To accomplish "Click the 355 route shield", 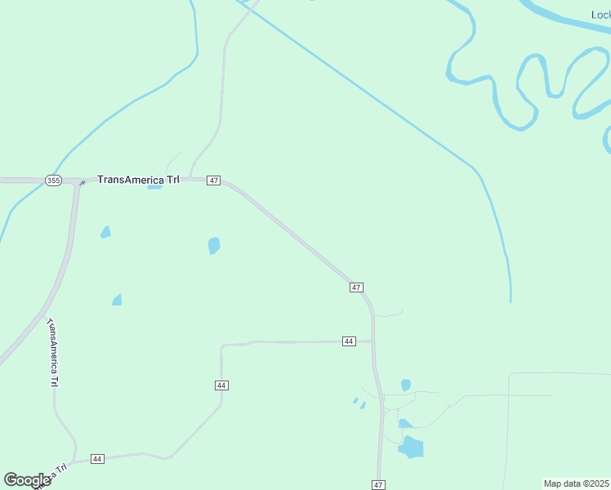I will point(53,180).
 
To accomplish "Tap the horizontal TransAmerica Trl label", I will point(138,179).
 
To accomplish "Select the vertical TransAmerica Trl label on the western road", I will point(52,353).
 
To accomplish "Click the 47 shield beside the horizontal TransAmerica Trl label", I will point(213,180).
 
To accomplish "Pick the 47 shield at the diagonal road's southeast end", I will point(356,287).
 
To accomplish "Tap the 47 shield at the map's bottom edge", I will point(378,484).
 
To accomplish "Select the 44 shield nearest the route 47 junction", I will point(349,341).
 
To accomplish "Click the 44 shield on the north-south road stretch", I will point(221,385).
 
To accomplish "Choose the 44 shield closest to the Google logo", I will point(98,459).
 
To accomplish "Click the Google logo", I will point(28,480).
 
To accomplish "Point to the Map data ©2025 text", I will point(576,483).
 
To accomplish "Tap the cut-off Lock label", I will point(600,15).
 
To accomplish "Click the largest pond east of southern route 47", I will point(412,447).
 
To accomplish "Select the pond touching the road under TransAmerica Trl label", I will point(154,186).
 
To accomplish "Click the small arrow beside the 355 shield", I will point(82,183).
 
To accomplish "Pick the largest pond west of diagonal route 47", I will point(214,245).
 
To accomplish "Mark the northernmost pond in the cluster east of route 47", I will point(406,385).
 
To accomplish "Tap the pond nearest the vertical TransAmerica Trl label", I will point(117,300).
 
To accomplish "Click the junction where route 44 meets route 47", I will point(373,341).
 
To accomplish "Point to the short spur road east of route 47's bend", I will point(389,314).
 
